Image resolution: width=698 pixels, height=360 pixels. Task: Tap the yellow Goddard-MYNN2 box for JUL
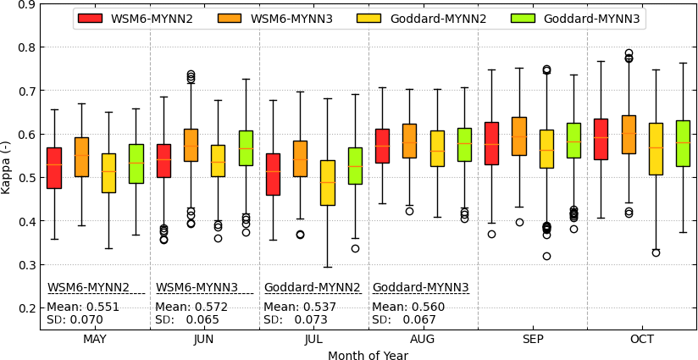point(327,182)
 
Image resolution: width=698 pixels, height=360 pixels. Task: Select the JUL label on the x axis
point(313,339)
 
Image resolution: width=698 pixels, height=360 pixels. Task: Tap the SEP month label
point(533,339)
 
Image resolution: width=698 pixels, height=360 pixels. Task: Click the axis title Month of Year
point(368,355)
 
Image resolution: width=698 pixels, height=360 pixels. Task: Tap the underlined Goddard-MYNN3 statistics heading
point(420,287)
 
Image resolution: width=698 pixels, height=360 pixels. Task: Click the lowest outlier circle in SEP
point(546,256)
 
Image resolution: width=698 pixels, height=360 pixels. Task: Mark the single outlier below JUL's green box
point(355,248)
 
